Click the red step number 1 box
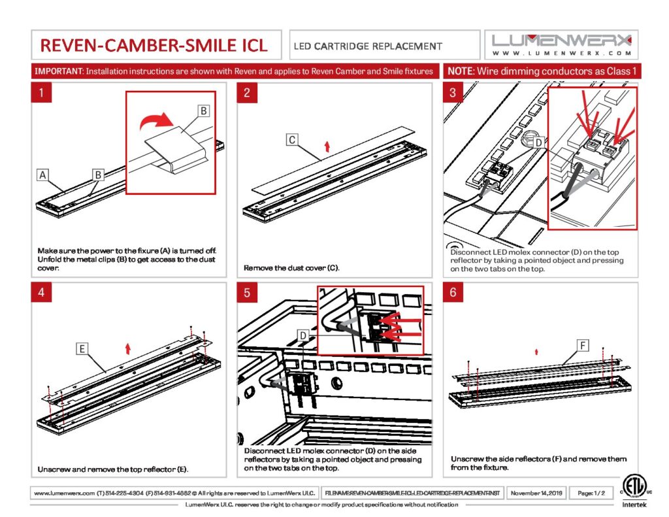pyautogui.click(x=42, y=93)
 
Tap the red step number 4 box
pyautogui.click(x=42, y=293)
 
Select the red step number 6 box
pyautogui.click(x=453, y=293)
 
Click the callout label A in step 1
pyautogui.click(x=42, y=175)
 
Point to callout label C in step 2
pyautogui.click(x=293, y=139)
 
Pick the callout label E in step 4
pyautogui.click(x=82, y=350)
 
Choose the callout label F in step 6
pyautogui.click(x=583, y=344)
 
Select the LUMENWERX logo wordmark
pyautogui.click(x=561, y=39)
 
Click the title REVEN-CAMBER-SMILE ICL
pyautogui.click(x=154, y=45)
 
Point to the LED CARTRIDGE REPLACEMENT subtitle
pyautogui.click(x=368, y=46)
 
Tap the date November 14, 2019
pyautogui.click(x=536, y=492)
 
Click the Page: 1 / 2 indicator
pyautogui.click(x=591, y=492)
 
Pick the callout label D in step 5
pyautogui.click(x=302, y=335)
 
